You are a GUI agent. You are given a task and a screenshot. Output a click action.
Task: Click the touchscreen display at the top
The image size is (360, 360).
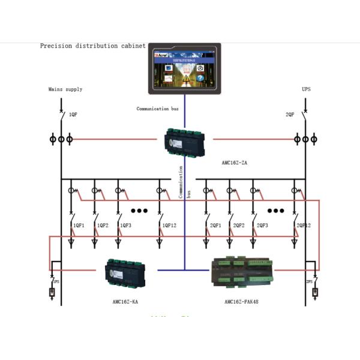click(184, 68)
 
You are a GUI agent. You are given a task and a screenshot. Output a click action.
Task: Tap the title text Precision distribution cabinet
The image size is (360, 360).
click(93, 46)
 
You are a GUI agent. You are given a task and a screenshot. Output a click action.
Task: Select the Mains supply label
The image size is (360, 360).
click(65, 89)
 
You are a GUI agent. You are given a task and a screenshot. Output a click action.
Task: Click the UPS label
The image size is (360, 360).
click(307, 89)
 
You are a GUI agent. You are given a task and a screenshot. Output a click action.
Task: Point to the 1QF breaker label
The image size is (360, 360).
click(73, 114)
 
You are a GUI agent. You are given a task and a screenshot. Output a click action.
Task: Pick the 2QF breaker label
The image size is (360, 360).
click(290, 114)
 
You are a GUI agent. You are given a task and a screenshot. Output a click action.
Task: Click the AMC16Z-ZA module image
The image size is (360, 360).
click(185, 142)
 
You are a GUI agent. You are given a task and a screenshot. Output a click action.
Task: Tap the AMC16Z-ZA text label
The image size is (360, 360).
click(235, 163)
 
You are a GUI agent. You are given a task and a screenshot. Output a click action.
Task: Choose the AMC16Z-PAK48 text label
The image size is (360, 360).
click(242, 301)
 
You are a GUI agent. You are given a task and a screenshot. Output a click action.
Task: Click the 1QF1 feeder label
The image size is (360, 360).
click(78, 226)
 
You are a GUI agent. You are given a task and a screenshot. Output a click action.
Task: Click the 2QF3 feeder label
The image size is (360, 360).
click(262, 226)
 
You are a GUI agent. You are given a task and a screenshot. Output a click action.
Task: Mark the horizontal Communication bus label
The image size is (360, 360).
click(158, 109)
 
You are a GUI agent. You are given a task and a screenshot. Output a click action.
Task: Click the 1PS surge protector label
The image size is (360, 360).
click(56, 281)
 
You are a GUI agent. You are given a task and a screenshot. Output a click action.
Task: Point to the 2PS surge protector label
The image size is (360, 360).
click(310, 281)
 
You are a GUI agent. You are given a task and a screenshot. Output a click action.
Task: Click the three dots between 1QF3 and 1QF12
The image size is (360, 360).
click(139, 211)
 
